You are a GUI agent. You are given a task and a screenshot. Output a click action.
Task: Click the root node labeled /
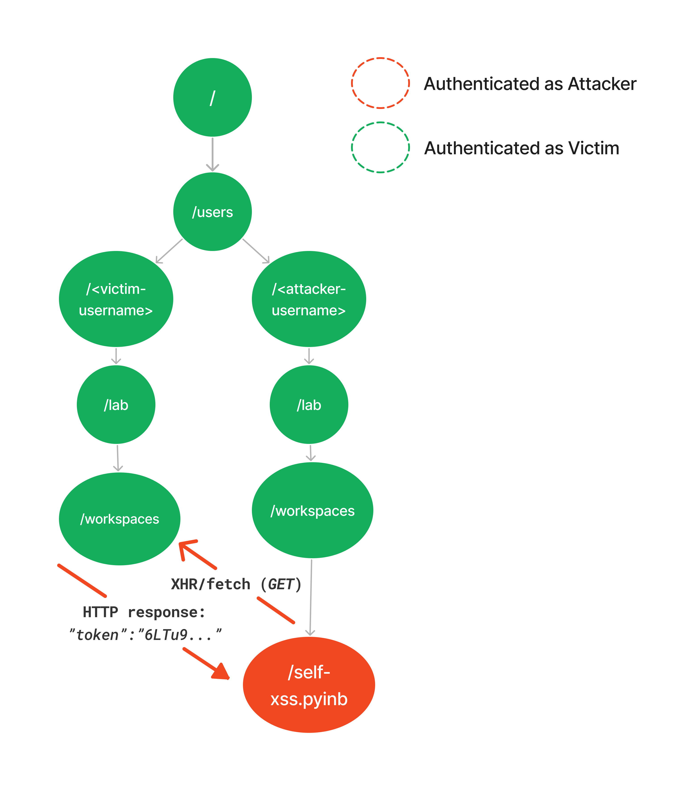tap(213, 97)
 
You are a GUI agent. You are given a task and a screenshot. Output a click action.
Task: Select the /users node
tap(213, 212)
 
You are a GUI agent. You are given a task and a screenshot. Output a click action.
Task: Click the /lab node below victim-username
tap(116, 405)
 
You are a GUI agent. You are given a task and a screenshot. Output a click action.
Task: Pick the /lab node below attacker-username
tap(309, 405)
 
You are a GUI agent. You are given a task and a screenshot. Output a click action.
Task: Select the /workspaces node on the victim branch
tap(119, 519)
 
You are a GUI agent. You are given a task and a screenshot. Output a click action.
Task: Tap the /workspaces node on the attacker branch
tap(312, 510)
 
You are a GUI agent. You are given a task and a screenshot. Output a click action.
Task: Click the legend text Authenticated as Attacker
tap(530, 84)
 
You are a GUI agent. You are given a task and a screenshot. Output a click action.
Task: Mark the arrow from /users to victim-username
tap(169, 251)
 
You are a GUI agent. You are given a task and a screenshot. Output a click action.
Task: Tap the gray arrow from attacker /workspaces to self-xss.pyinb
tap(311, 597)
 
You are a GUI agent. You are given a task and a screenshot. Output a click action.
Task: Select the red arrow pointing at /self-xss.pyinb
tap(207, 664)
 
